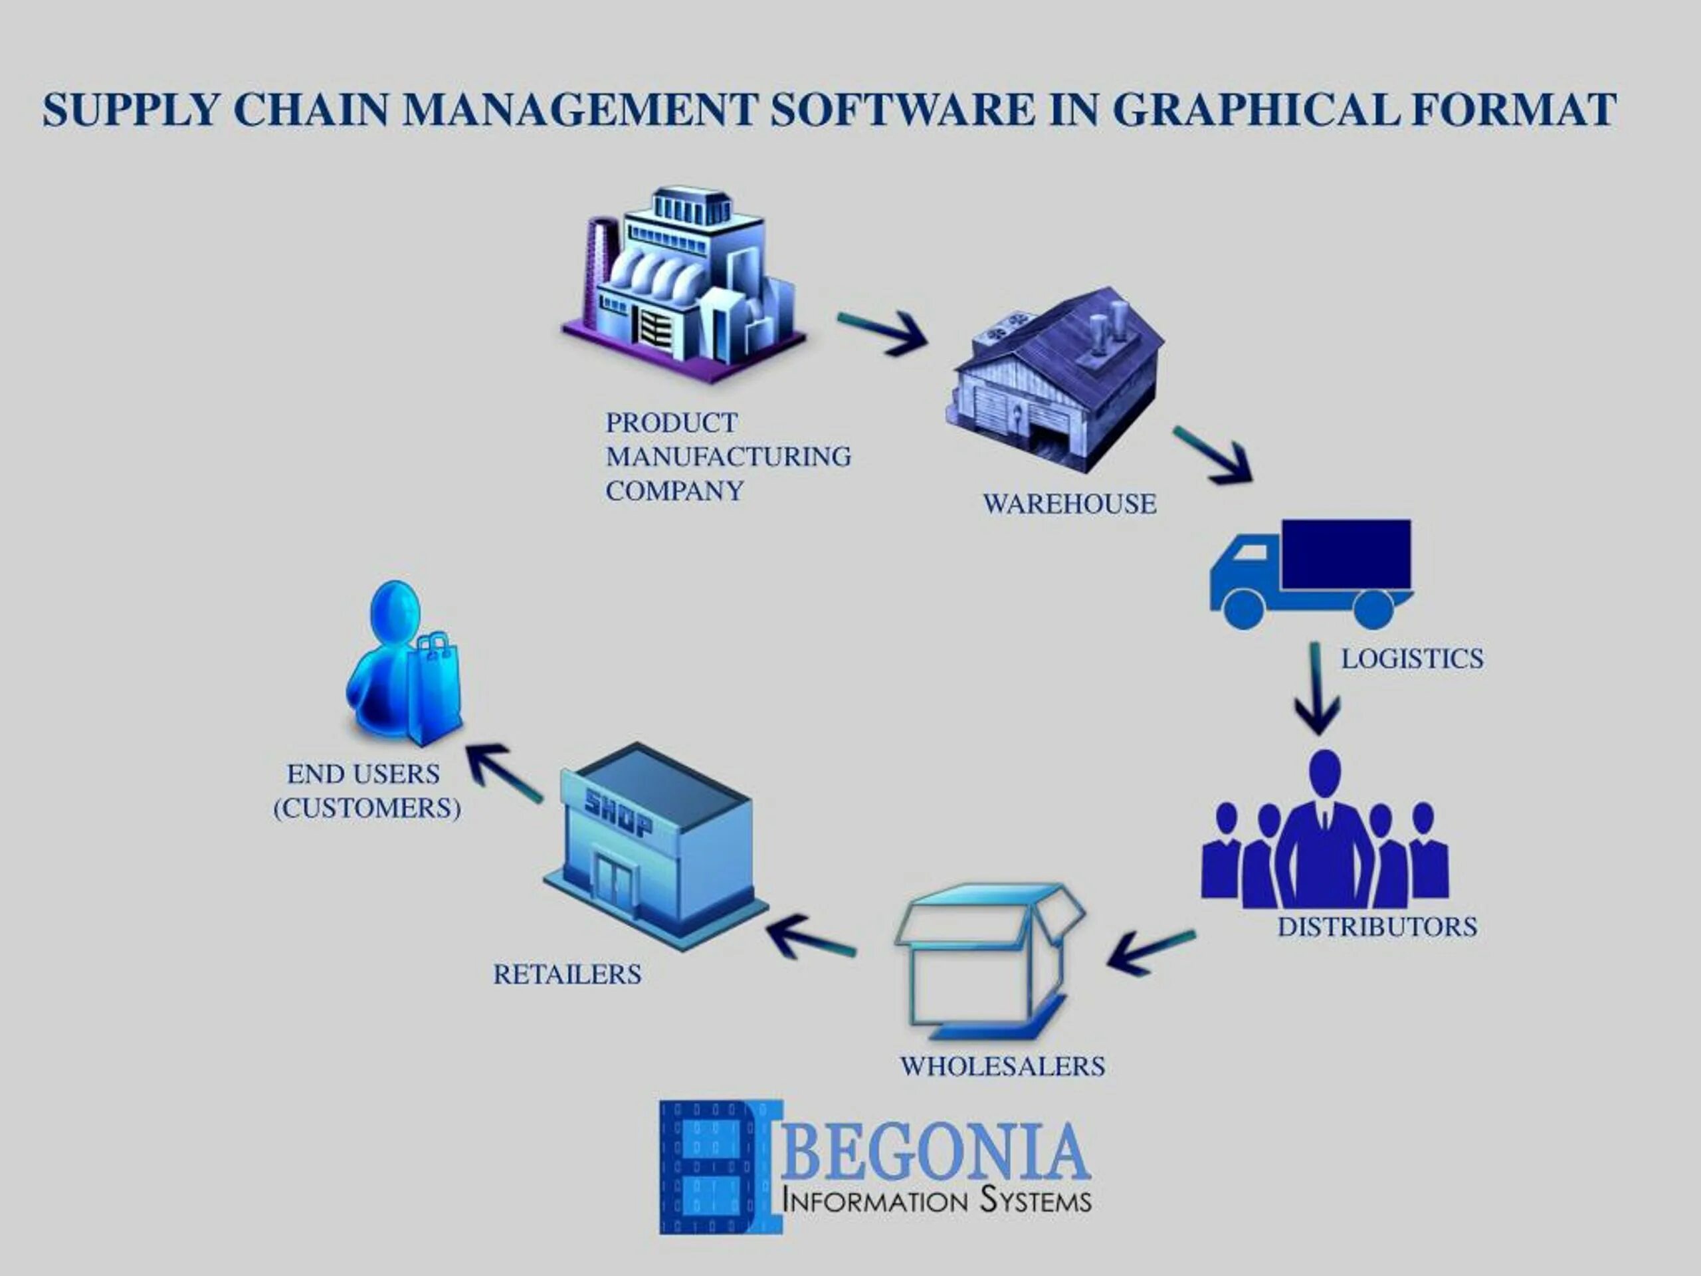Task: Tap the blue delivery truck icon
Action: click(1311, 573)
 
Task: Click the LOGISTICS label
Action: click(1412, 659)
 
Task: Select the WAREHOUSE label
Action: click(1069, 504)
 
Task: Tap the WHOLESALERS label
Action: click(1002, 1067)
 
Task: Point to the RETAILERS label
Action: click(567, 974)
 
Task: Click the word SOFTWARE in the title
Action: click(903, 109)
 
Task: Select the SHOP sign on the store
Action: click(617, 813)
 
